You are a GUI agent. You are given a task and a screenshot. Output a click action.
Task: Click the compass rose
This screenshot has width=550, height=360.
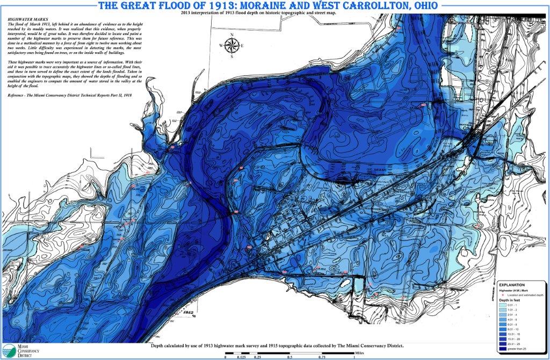click(231, 46)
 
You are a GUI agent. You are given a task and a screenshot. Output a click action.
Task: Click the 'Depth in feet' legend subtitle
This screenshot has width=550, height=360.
click(510, 300)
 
